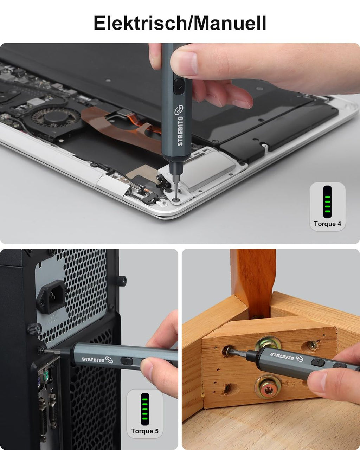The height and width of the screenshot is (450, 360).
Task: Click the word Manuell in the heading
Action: pyautogui.click(x=229, y=23)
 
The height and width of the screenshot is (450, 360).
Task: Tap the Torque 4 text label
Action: pyautogui.click(x=327, y=224)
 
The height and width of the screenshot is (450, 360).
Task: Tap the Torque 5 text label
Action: pyautogui.click(x=145, y=431)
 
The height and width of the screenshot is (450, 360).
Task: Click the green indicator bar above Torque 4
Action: pyautogui.click(x=327, y=202)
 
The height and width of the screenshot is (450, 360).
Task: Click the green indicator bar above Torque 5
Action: pyautogui.click(x=145, y=409)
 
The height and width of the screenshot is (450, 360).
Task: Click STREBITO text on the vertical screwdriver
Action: pyautogui.click(x=180, y=131)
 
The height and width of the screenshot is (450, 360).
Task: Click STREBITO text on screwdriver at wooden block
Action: pyautogui.click(x=282, y=356)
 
